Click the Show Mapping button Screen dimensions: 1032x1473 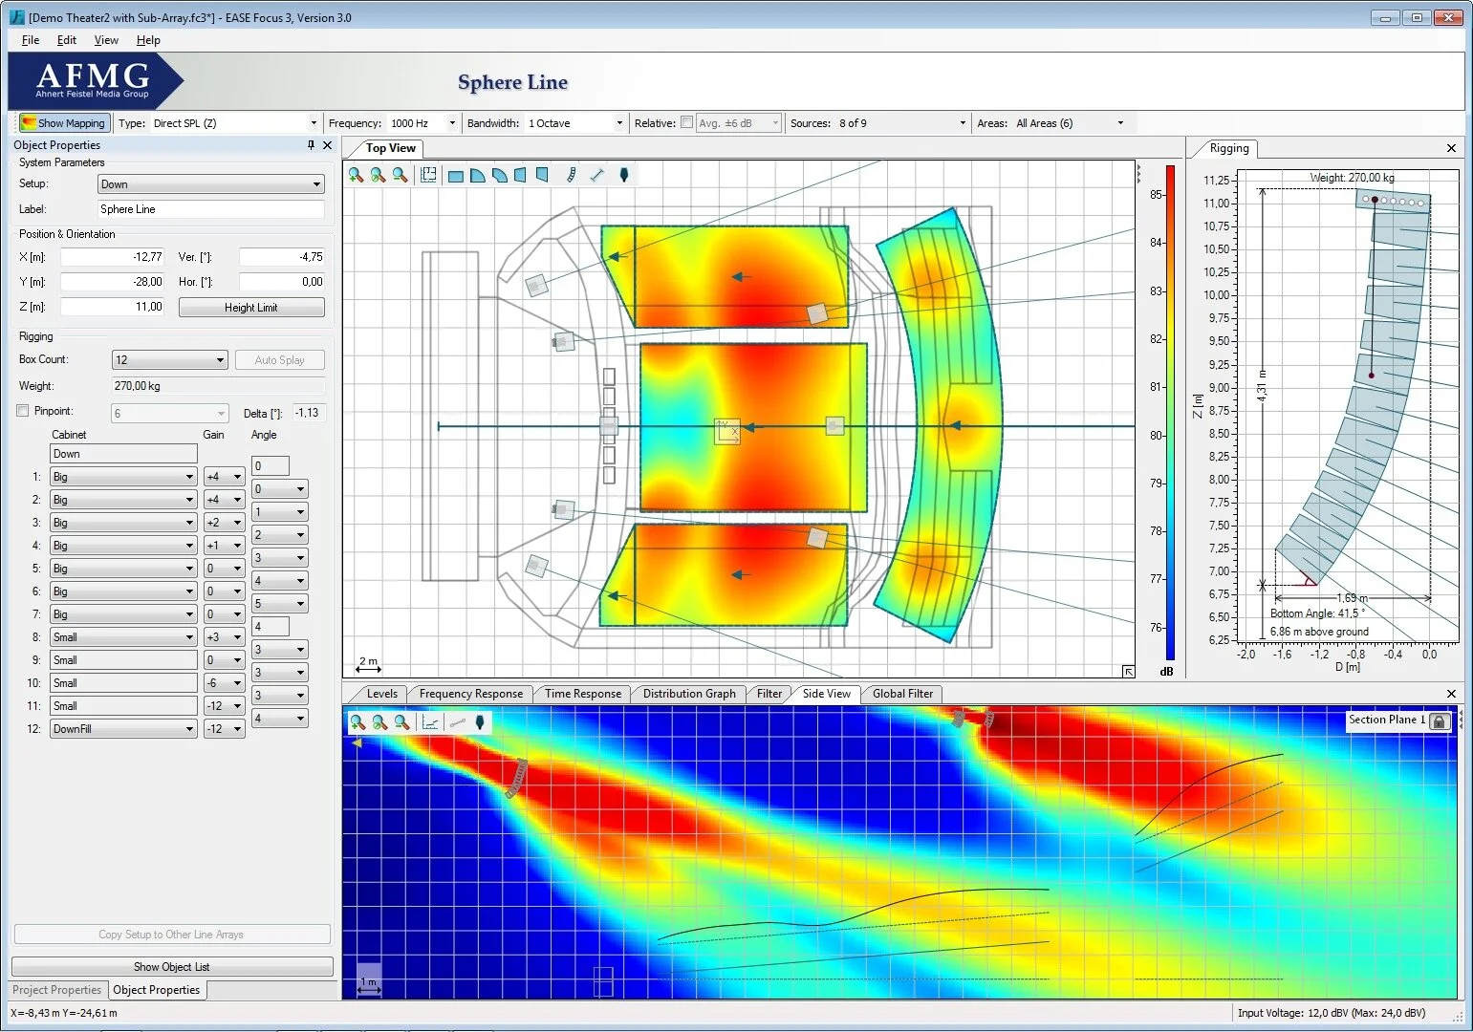(x=63, y=123)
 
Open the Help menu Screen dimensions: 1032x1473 (x=148, y=40)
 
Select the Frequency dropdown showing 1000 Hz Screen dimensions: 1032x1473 (x=420, y=123)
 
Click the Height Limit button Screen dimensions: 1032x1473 (x=251, y=308)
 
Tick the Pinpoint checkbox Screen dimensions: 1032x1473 (x=23, y=411)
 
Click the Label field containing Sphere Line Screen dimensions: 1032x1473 (x=210, y=209)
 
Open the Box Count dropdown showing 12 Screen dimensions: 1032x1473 (x=169, y=360)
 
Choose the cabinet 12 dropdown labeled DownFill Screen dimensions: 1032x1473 (x=123, y=729)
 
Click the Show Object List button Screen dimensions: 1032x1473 (x=172, y=967)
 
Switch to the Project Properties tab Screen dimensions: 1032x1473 (x=57, y=990)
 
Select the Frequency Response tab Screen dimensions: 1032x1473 (x=470, y=694)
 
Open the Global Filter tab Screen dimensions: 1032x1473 (x=902, y=694)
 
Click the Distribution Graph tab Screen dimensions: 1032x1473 (x=689, y=694)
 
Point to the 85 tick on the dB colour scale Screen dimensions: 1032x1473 (x=1157, y=195)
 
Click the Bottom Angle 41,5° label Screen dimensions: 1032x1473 (x=1317, y=613)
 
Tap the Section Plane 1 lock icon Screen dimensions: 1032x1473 (x=1439, y=721)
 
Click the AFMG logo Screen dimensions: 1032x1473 (x=93, y=80)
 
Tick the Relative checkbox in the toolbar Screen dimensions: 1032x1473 (x=686, y=122)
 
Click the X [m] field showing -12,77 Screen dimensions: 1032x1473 (x=113, y=257)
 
